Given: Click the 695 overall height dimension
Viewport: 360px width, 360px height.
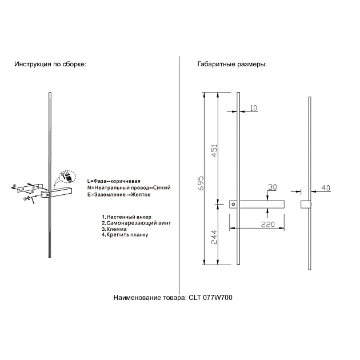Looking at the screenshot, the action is click(x=201, y=183).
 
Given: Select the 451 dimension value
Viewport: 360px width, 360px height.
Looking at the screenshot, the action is click(x=214, y=151).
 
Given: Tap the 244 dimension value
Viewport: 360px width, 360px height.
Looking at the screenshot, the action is click(x=214, y=237).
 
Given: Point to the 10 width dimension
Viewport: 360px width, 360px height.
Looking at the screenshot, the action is click(x=253, y=108).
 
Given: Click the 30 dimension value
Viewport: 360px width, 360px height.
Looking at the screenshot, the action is click(x=273, y=187).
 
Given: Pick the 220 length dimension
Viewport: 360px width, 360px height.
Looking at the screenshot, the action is click(x=268, y=225).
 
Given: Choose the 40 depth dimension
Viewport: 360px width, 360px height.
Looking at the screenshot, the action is click(x=326, y=188).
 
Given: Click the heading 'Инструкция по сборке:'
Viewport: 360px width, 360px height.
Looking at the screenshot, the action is click(x=50, y=64).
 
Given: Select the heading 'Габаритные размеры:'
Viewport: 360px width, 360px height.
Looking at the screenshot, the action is click(x=232, y=64).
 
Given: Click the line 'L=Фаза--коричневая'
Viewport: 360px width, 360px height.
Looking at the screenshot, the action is click(x=114, y=181).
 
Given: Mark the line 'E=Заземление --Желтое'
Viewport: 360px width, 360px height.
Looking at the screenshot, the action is click(x=119, y=195).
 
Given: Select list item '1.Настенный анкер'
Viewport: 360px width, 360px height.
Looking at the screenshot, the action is click(x=127, y=217).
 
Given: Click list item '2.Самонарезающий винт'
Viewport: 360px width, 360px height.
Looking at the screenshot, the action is click(x=137, y=223).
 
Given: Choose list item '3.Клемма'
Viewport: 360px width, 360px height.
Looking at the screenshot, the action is click(x=114, y=229).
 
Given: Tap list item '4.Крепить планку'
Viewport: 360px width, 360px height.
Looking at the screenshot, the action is click(x=125, y=235).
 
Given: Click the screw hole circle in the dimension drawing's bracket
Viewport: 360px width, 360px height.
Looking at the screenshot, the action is click(x=234, y=204).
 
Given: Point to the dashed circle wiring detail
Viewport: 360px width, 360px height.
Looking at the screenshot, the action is click(x=67, y=177).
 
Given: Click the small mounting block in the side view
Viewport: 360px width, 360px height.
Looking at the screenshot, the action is click(x=306, y=204).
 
